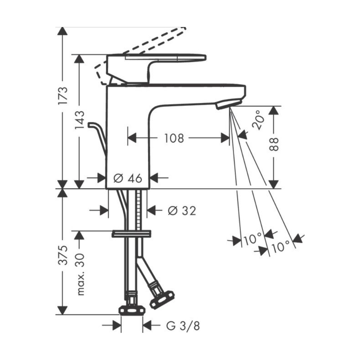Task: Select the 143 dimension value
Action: click(x=80, y=120)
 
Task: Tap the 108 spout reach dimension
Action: click(x=174, y=138)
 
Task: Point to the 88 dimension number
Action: click(x=274, y=144)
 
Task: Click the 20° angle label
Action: click(x=258, y=120)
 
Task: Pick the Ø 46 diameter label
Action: click(x=128, y=178)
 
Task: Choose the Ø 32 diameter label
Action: click(x=182, y=211)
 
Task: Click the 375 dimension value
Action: click(x=63, y=255)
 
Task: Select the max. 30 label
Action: click(x=80, y=274)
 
